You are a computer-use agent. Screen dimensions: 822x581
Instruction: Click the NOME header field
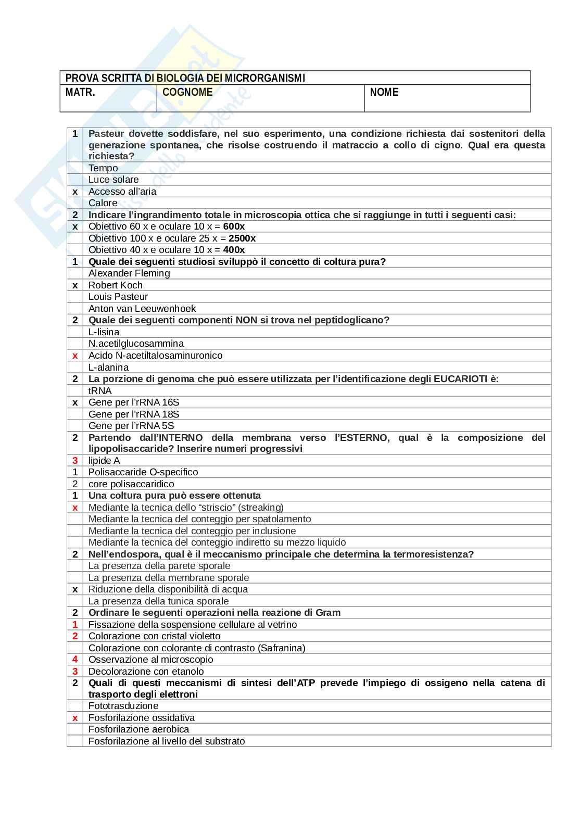(x=384, y=93)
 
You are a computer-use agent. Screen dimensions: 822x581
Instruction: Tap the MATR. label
(x=80, y=93)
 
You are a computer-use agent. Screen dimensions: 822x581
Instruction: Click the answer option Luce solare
(x=113, y=180)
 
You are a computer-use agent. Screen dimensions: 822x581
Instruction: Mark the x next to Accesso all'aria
(x=75, y=192)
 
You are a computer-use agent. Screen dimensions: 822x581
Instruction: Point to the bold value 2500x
(x=242, y=238)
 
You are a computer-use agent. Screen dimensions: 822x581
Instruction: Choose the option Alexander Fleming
(x=129, y=273)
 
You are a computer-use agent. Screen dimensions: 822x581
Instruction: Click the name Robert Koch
(x=115, y=285)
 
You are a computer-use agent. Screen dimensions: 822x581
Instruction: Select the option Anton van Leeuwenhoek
(x=142, y=309)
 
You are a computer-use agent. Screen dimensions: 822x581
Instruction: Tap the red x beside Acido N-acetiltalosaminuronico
(x=75, y=356)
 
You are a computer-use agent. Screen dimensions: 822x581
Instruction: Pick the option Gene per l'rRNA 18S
(x=134, y=414)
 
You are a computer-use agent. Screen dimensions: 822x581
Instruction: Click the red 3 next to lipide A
(x=75, y=461)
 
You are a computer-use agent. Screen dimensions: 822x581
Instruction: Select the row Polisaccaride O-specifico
(x=143, y=472)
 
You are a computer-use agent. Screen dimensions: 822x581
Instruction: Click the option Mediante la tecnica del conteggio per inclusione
(x=192, y=531)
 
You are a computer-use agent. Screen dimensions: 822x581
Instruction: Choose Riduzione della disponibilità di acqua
(x=168, y=589)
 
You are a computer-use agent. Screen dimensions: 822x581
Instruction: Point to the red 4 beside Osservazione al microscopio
(x=75, y=660)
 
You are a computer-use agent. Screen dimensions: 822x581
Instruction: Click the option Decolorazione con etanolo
(x=146, y=672)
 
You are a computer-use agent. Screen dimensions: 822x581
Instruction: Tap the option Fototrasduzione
(x=123, y=706)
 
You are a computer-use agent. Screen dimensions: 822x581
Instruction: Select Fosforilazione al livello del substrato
(x=167, y=741)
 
